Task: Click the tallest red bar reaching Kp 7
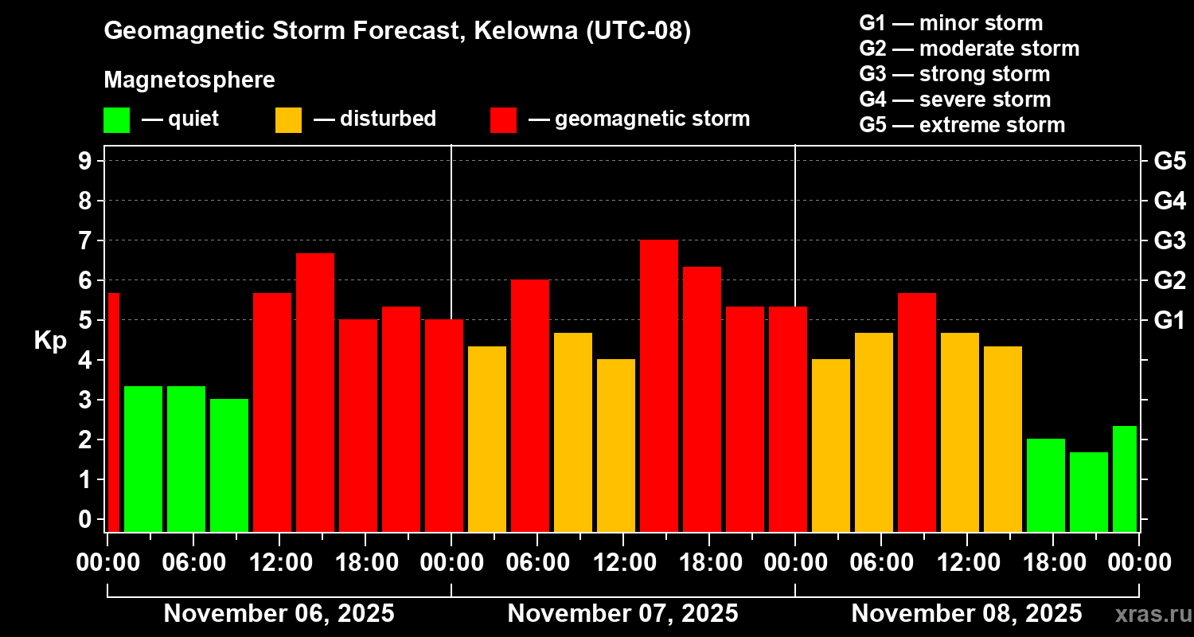click(x=658, y=385)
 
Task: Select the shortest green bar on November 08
click(x=1088, y=491)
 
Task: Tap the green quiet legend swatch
click(x=116, y=120)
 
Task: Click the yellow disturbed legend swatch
click(x=288, y=120)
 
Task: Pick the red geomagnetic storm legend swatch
click(x=503, y=120)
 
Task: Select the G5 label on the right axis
click(x=1169, y=162)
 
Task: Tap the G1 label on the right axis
click(x=1169, y=321)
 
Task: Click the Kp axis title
click(x=50, y=341)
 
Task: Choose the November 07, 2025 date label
click(x=622, y=614)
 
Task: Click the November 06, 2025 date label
click(x=279, y=614)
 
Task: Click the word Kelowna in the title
click(x=528, y=31)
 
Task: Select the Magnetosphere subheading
click(x=189, y=80)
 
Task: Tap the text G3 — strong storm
click(x=954, y=74)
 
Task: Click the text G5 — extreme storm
click(x=962, y=125)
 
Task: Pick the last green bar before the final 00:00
click(x=1124, y=479)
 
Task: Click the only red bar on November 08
click(x=916, y=412)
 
